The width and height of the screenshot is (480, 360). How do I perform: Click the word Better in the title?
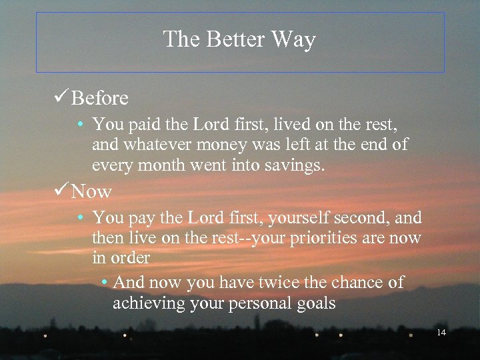(x=231, y=40)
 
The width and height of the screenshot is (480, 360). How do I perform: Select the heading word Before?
(x=100, y=99)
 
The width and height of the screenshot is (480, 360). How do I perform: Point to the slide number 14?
(x=441, y=332)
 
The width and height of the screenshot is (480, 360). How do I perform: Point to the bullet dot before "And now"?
(x=105, y=283)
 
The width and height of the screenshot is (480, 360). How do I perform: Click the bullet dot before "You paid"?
(x=79, y=125)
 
